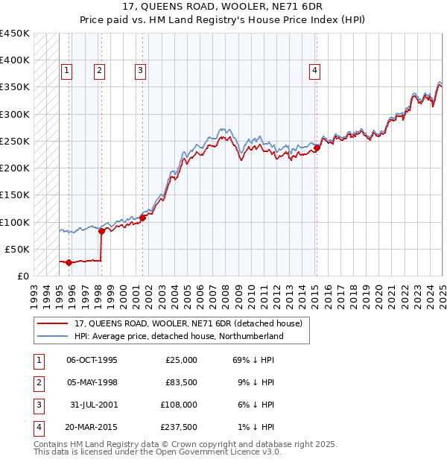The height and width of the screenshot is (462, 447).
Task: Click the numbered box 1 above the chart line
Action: tap(66, 71)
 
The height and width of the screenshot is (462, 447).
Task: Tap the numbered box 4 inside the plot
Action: tap(315, 71)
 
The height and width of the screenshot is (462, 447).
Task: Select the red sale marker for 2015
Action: tap(317, 148)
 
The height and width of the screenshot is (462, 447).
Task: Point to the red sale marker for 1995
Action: tap(69, 262)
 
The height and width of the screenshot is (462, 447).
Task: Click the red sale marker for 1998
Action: tap(101, 231)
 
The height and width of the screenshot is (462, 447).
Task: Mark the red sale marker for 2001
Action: tap(142, 218)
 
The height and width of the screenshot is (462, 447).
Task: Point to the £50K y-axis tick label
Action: tap(17, 249)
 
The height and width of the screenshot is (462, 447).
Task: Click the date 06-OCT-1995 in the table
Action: tap(92, 360)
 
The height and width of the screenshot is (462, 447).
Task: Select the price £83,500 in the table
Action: tap(180, 382)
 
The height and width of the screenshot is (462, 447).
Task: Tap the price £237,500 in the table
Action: tap(178, 427)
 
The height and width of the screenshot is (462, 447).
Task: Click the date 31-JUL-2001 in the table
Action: tap(92, 405)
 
